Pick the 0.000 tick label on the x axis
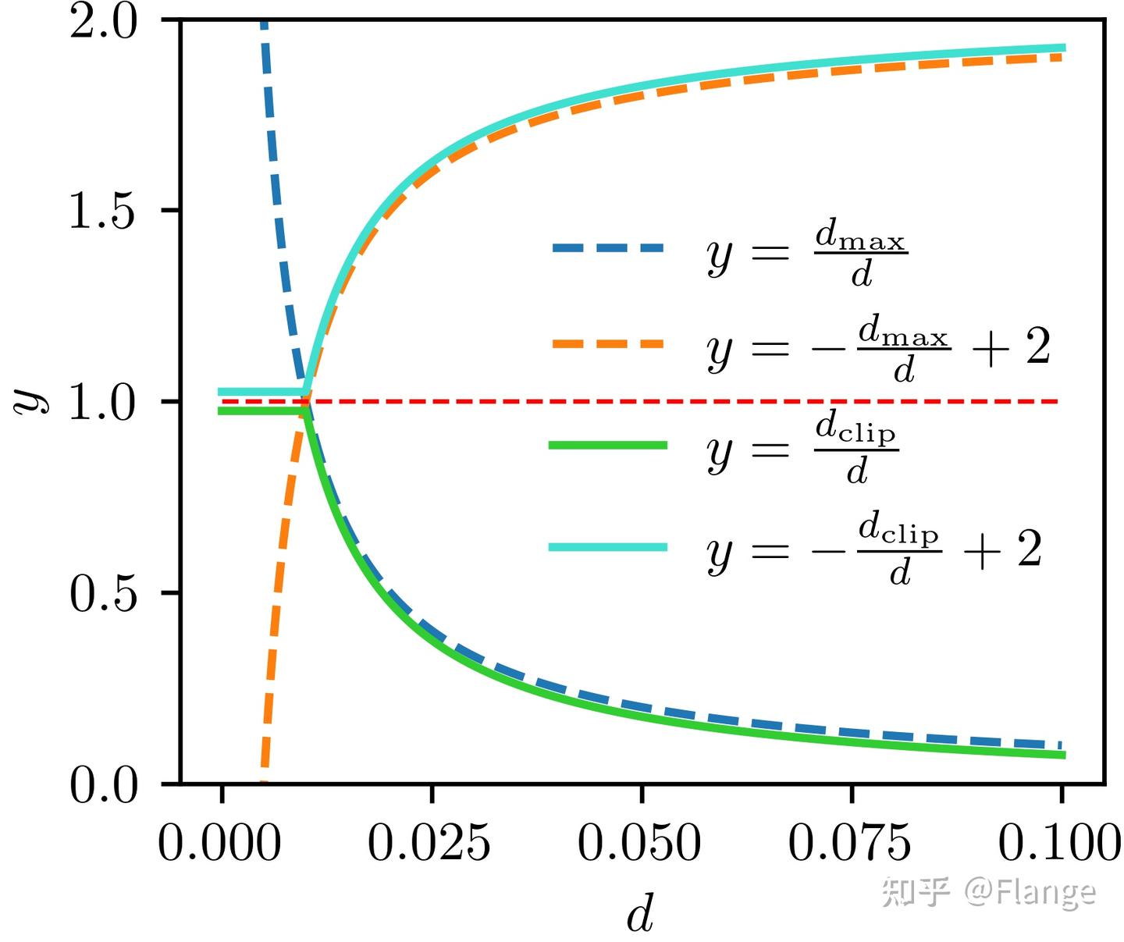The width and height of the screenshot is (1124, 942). (x=219, y=844)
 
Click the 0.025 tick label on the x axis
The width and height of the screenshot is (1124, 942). (x=429, y=844)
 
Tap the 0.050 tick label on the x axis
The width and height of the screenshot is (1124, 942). (x=639, y=844)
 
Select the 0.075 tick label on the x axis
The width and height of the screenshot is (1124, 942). (x=849, y=844)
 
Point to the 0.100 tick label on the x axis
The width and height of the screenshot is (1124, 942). (x=1059, y=844)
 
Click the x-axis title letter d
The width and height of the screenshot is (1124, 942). (x=640, y=913)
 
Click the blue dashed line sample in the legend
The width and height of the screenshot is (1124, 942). (x=608, y=248)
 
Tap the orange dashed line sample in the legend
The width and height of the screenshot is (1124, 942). (x=608, y=343)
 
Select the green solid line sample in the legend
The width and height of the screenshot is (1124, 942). (x=608, y=445)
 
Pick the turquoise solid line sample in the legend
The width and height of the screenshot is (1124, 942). (x=608, y=547)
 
